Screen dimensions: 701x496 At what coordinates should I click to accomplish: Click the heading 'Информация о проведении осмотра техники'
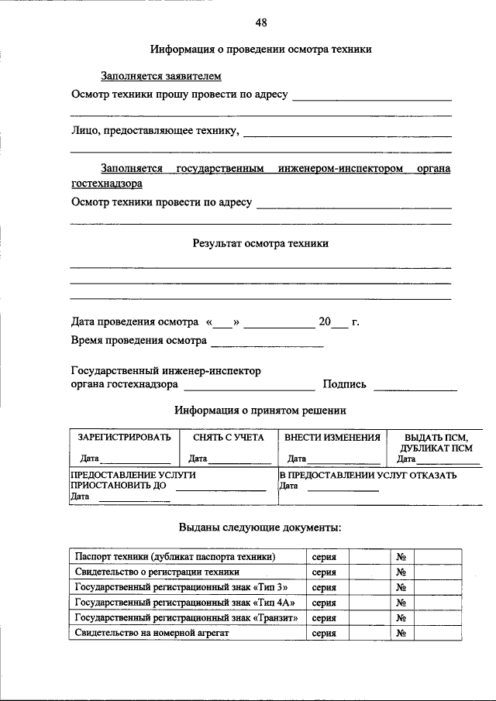(260, 50)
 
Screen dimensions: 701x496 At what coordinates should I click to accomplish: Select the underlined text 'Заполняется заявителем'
(161, 76)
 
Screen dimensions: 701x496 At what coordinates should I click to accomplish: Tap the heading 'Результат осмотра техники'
(260, 243)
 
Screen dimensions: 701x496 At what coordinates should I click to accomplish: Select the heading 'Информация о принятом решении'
(260, 411)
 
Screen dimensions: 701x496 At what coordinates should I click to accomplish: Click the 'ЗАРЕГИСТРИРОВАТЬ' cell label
(124, 438)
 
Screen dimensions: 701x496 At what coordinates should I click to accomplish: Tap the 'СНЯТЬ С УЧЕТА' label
(229, 438)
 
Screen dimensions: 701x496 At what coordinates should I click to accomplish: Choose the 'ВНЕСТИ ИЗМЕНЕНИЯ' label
(332, 438)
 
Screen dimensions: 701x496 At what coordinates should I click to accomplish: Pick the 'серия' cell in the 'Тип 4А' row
(324, 603)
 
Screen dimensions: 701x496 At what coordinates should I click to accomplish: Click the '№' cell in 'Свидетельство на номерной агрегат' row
(401, 634)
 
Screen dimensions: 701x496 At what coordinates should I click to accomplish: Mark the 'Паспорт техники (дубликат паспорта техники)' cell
(175, 557)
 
